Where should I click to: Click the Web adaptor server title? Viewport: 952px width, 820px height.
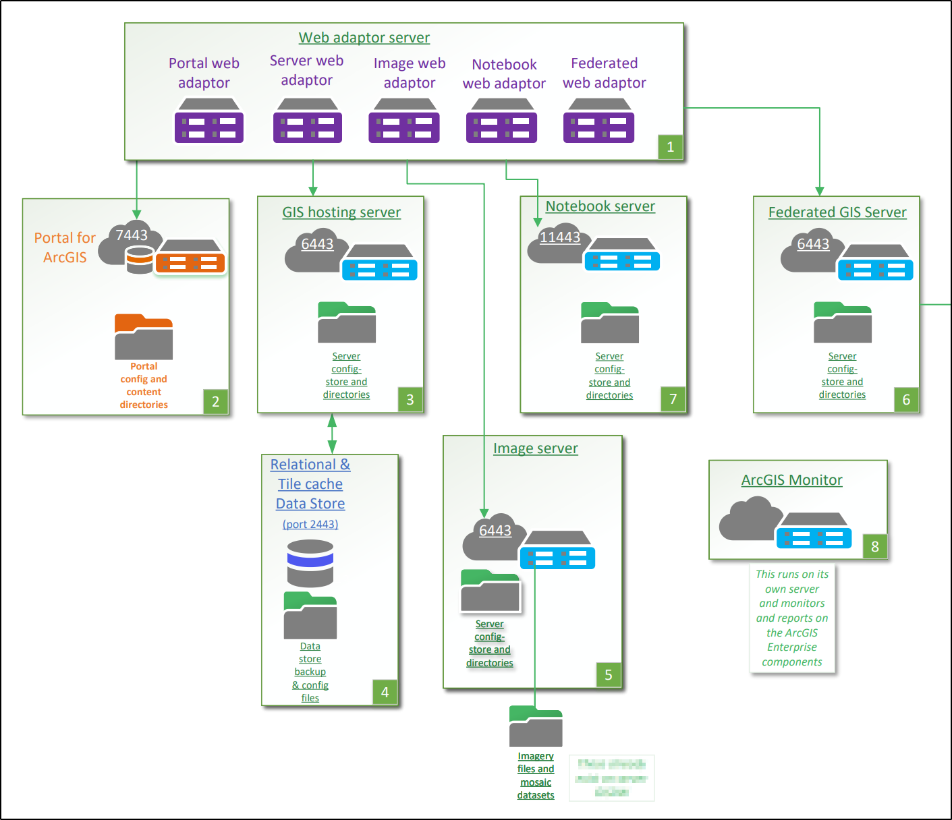(364, 38)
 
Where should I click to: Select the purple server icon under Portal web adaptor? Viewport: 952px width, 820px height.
(208, 121)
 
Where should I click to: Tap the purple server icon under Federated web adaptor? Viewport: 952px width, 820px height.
(598, 121)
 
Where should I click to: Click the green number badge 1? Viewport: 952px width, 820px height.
(670, 146)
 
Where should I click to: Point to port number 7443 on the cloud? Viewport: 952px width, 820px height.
(132, 235)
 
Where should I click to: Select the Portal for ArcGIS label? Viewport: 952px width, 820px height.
(65, 247)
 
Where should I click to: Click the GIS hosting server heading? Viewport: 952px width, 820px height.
(341, 212)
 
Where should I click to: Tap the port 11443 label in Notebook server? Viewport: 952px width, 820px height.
(560, 237)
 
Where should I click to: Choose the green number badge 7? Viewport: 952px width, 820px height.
(673, 399)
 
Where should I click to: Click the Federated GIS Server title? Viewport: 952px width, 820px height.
(837, 212)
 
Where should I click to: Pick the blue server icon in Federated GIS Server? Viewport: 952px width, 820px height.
(875, 263)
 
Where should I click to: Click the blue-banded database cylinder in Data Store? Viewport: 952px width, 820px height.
(310, 563)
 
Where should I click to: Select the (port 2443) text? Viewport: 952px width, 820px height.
(310, 524)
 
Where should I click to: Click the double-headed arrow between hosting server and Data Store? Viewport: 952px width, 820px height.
(332, 434)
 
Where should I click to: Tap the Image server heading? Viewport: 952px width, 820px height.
(535, 448)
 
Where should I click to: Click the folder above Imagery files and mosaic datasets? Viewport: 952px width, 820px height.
(536, 726)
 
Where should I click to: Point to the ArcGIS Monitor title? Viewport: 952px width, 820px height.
(791, 480)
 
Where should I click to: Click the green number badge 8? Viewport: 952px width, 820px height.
(875, 546)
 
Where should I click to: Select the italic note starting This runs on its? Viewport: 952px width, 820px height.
(792, 618)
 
